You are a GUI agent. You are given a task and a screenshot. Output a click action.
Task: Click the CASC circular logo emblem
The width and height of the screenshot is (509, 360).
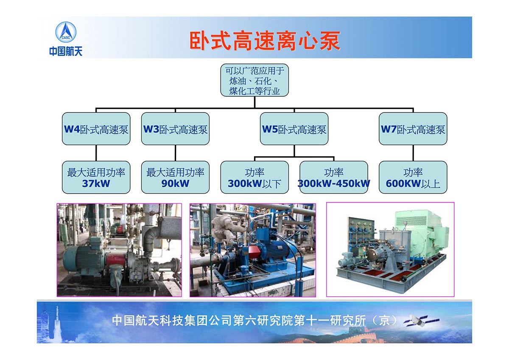[66, 32]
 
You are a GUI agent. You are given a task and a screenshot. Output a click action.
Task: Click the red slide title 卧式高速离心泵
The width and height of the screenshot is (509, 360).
[265, 41]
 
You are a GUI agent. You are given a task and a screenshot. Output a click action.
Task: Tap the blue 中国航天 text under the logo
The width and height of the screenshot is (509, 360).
[66, 51]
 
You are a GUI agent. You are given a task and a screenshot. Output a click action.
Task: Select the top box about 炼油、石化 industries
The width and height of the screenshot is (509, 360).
[255, 80]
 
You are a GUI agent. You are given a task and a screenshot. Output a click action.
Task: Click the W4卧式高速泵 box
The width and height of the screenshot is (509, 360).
[96, 129]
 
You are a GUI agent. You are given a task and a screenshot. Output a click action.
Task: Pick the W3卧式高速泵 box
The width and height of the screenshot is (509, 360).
[175, 129]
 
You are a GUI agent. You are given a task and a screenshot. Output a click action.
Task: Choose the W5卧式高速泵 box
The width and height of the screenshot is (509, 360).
[294, 129]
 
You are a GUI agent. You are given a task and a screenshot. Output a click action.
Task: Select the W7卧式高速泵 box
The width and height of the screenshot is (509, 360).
[413, 129]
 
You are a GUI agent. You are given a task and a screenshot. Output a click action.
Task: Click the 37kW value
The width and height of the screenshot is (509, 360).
[96, 183]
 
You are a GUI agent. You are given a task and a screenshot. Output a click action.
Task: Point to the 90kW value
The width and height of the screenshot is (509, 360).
[175, 183]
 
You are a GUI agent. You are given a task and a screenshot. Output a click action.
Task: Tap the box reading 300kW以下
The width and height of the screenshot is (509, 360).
[255, 177]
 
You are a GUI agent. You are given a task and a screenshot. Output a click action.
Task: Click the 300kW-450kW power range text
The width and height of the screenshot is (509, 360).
[334, 183]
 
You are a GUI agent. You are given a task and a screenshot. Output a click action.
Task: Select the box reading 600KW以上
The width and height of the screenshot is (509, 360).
[413, 177]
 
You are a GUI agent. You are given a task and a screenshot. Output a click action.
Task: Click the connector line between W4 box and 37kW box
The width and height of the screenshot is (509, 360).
[96, 153]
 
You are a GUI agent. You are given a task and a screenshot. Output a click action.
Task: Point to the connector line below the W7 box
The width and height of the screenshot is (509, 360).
[413, 153]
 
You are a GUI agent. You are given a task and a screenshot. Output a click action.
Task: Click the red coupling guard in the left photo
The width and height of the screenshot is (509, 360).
[116, 260]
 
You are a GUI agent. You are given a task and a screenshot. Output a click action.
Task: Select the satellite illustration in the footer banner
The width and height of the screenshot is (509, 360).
[422, 321]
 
